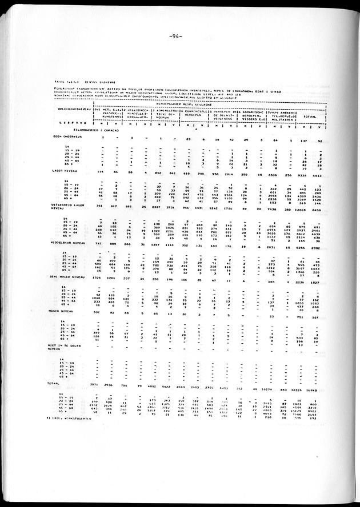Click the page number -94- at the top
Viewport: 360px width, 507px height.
pyautogui.click(x=176, y=37)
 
